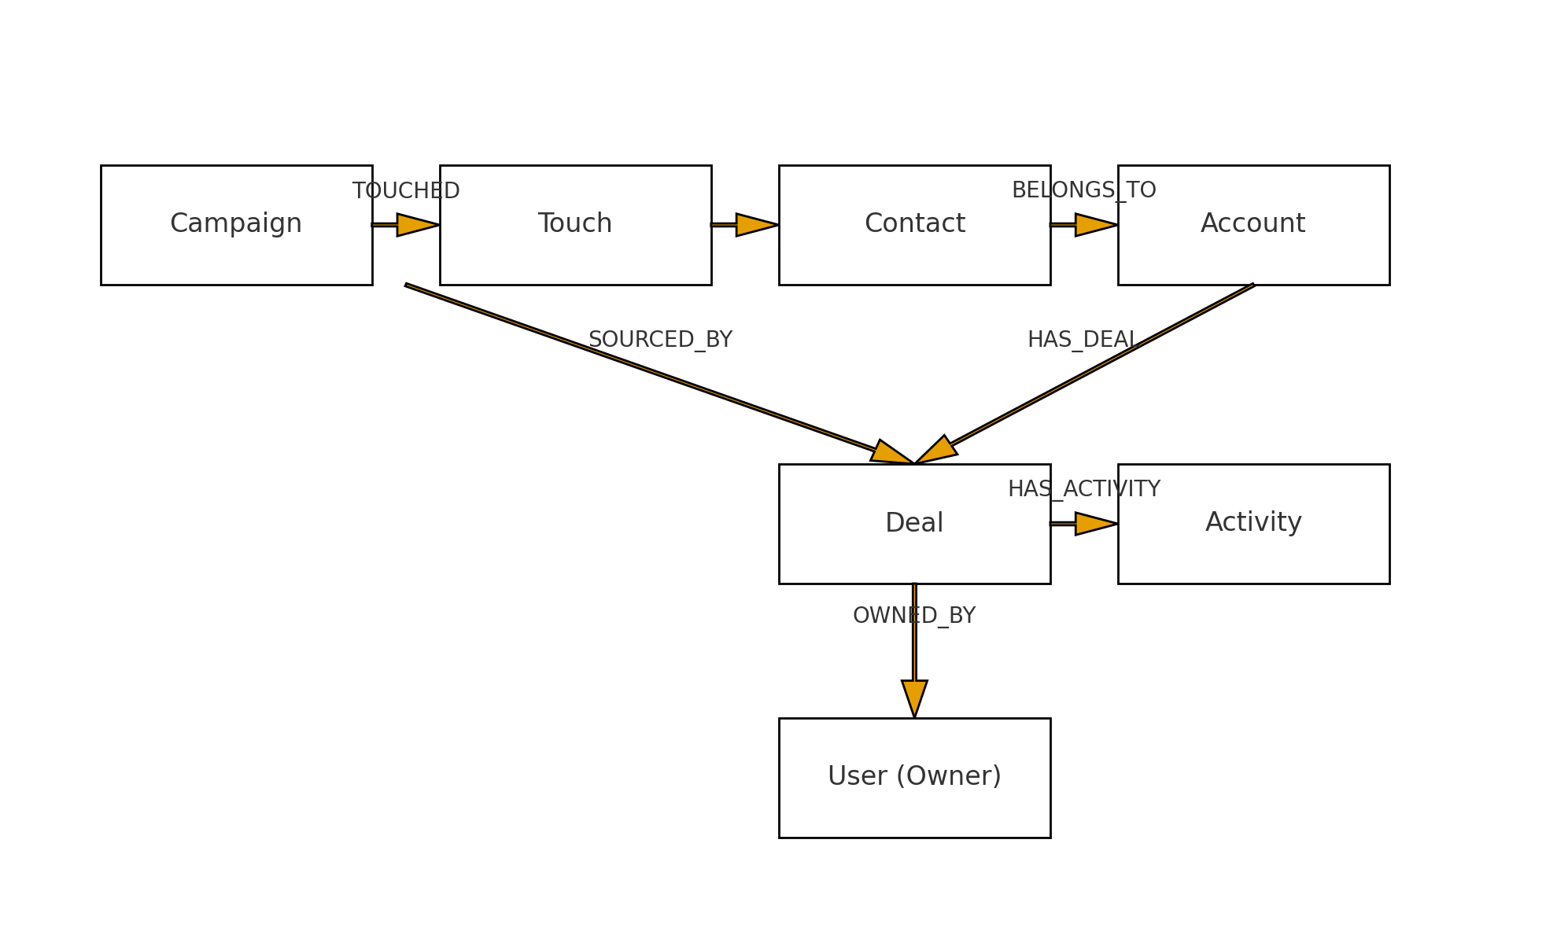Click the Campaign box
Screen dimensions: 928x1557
pos(236,225)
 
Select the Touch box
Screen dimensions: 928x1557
pos(575,225)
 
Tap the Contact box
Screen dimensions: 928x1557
pos(914,225)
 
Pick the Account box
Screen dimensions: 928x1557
pos(1253,225)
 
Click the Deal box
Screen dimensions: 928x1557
pos(914,524)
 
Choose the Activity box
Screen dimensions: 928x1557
pos(1253,524)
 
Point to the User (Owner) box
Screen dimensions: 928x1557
pos(914,778)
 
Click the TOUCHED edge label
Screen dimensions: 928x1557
pos(406,191)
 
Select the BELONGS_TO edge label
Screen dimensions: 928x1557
pos(1083,190)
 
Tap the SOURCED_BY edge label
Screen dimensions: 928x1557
pos(660,340)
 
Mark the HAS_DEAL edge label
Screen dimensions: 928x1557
pos(1083,340)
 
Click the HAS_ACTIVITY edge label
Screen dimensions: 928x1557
pos(1083,489)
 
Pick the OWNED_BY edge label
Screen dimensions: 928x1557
pos(914,616)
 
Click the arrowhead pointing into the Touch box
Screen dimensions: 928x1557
pos(418,225)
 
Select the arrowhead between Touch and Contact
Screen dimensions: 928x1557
pos(757,225)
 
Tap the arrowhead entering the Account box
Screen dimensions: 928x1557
pos(1096,225)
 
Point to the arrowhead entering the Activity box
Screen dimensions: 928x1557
pos(1096,524)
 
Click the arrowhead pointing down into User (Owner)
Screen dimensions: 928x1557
pos(914,698)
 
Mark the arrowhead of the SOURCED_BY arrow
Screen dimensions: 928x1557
pos(892,454)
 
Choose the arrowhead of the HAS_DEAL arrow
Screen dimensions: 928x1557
pos(937,451)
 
